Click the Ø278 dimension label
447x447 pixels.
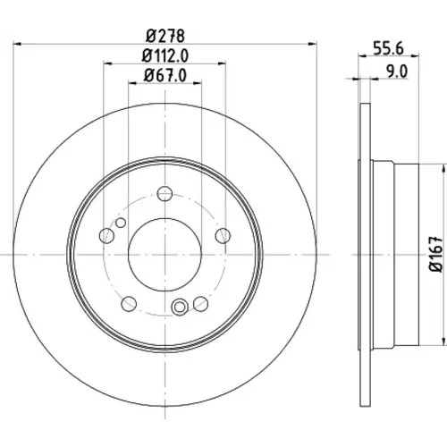(x=165, y=36)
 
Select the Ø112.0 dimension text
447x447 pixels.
(x=165, y=56)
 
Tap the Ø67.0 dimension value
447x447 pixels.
(x=165, y=75)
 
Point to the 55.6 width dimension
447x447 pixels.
(x=389, y=48)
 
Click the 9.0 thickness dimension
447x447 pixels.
(x=397, y=72)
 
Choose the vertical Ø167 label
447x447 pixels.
(x=435, y=254)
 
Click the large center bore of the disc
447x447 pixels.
(x=165, y=255)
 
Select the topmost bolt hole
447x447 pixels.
(x=164, y=194)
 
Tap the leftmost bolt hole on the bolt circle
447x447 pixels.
(x=106, y=236)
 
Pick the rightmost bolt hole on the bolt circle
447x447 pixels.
(x=223, y=236)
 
